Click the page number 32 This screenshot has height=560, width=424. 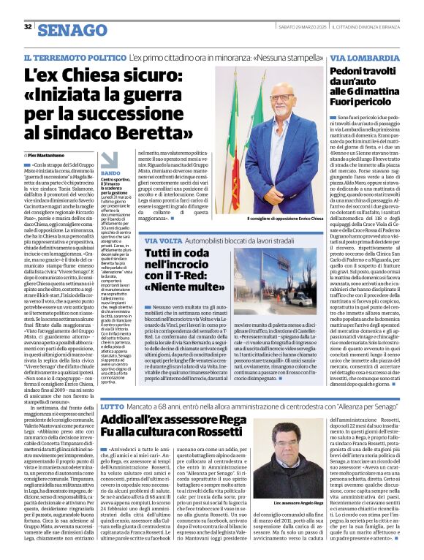tap(28, 26)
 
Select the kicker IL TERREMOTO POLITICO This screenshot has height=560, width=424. tap(86, 56)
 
